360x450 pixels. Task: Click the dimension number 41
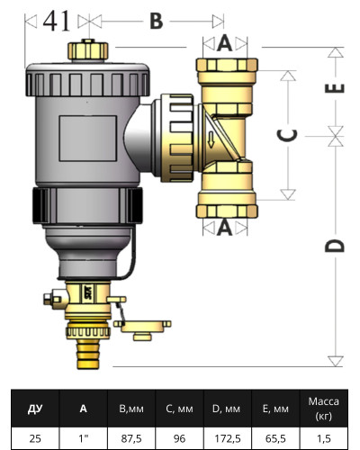[x=55, y=22]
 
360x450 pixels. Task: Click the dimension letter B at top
[x=156, y=22]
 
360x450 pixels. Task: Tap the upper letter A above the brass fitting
[x=225, y=42]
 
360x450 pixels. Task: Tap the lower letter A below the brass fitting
[x=225, y=229]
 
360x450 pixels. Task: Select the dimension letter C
[x=287, y=135]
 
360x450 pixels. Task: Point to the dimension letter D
[x=334, y=246]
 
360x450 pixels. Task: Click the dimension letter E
[x=335, y=88]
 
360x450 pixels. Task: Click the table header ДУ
[x=35, y=409]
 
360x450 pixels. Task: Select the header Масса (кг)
[x=321, y=409]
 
